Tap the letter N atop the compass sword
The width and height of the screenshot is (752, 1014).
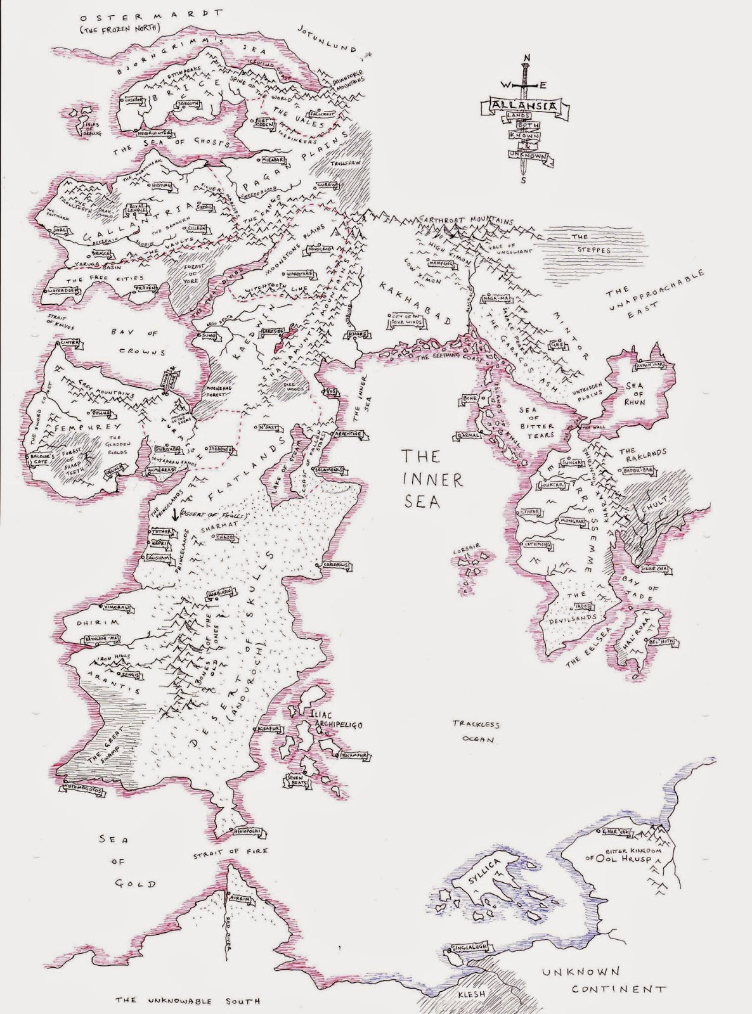coord(525,58)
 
